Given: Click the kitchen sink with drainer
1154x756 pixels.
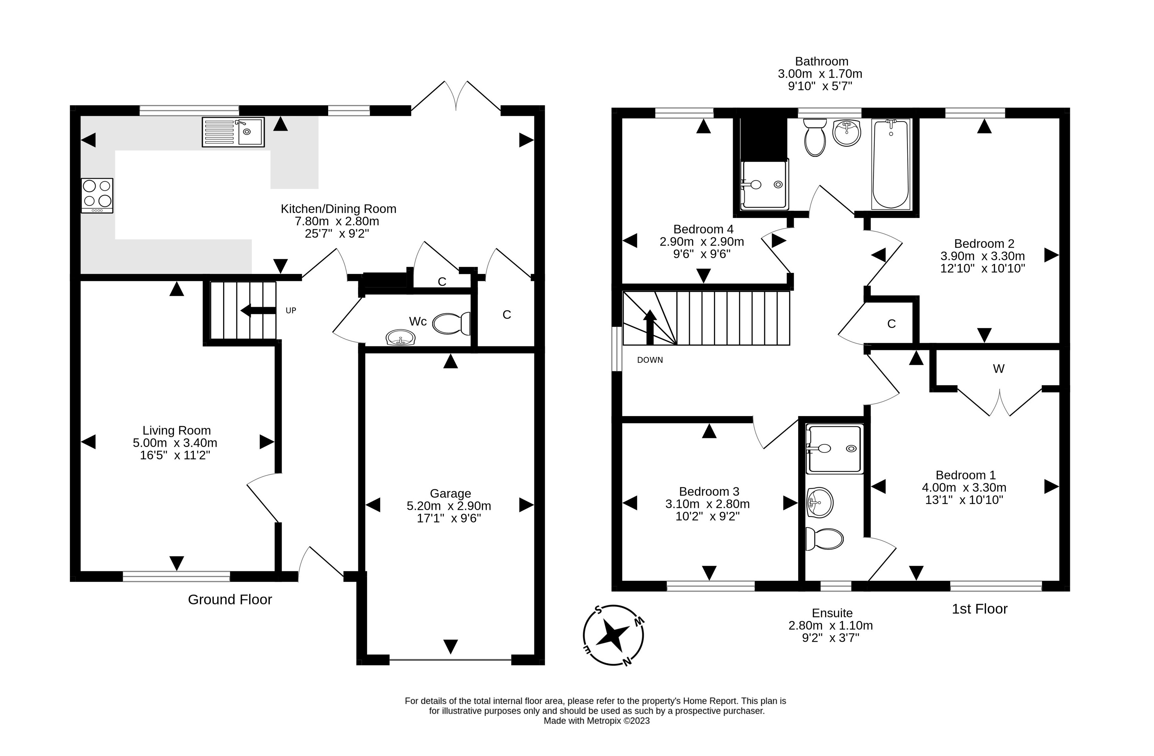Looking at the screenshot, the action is point(233,132).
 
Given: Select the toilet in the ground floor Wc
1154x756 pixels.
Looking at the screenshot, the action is point(451,324).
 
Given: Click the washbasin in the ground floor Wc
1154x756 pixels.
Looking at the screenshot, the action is point(400,337).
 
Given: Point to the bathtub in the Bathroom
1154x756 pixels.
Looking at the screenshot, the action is point(891,164).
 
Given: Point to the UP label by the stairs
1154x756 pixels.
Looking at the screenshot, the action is point(290,310).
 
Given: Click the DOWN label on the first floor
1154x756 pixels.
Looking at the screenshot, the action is point(650,360).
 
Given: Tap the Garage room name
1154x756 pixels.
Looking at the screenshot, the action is point(450,493).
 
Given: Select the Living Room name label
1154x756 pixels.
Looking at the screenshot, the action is point(177,430).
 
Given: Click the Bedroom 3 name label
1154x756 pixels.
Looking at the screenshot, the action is point(709,491).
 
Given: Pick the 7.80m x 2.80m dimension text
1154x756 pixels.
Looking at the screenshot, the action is point(337,221).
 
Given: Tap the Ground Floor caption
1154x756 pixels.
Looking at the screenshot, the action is point(230,600).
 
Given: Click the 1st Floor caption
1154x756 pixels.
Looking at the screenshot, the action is point(979,609).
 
